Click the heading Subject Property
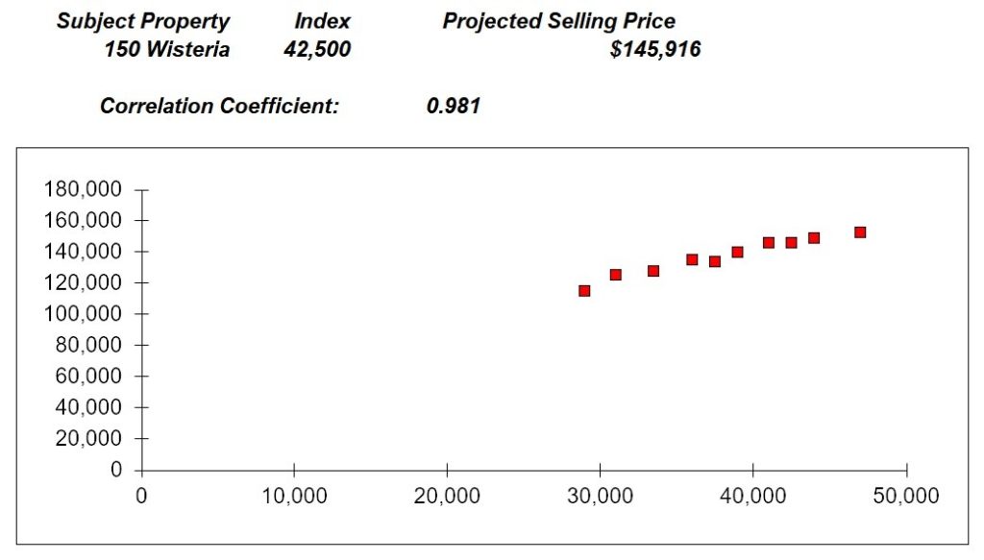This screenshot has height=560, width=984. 143,21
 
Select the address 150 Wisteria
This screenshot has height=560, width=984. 166,50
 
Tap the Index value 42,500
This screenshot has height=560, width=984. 317,50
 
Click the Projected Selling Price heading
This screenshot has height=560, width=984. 558,21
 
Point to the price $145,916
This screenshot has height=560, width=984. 655,50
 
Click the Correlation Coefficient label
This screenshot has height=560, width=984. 219,106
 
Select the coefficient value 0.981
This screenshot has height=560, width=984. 453,106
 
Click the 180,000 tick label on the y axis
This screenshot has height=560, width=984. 83,190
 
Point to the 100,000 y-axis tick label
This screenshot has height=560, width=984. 83,314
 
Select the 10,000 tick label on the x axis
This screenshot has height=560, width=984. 293,497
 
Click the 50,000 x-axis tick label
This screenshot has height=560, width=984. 905,497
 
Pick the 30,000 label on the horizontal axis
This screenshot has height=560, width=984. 600,497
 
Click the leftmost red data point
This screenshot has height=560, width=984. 584,290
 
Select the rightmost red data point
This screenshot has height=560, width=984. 860,232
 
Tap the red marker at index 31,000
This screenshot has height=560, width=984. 615,275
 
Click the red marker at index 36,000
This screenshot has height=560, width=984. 692,259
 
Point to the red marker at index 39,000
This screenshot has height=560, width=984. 737,252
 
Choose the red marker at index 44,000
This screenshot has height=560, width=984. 814,238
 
